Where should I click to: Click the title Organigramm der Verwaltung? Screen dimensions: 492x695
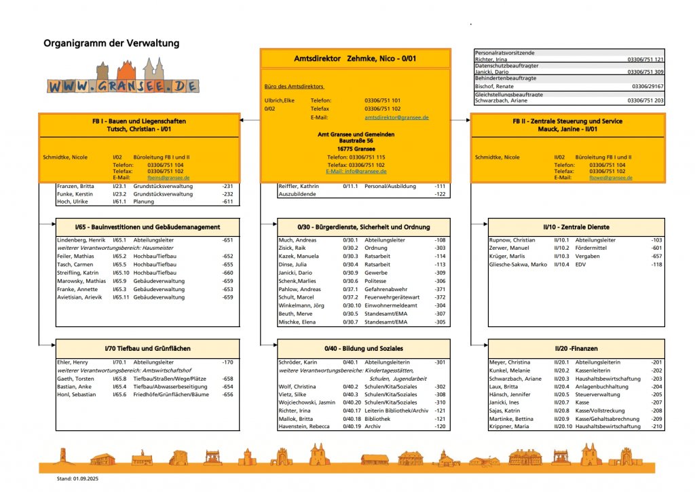click(x=111, y=43)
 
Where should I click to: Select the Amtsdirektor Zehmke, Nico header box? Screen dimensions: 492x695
click(x=355, y=59)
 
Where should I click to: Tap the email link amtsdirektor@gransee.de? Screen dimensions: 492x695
click(x=396, y=117)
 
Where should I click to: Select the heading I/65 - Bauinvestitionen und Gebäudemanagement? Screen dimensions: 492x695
click(x=147, y=227)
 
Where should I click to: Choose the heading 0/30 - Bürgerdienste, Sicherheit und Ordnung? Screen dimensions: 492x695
click(x=364, y=227)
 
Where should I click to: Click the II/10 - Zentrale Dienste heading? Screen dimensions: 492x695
click(x=576, y=227)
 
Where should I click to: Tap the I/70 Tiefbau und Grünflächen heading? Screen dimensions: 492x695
click(x=147, y=348)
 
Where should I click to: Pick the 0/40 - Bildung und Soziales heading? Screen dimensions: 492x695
click(x=364, y=348)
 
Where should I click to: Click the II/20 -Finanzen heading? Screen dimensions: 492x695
click(x=576, y=348)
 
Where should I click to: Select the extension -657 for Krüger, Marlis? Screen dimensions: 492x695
click(x=656, y=257)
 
